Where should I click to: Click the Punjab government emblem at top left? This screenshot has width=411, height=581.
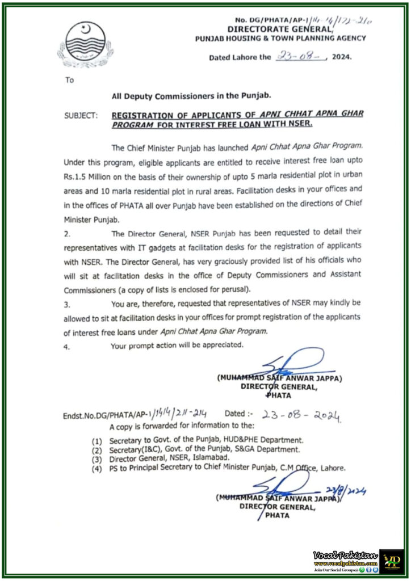coord(82,44)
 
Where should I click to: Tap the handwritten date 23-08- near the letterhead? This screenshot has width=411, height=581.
coord(299,56)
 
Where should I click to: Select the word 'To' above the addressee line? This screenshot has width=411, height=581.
coord(69,81)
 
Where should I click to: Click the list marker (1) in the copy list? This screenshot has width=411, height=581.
coord(98,440)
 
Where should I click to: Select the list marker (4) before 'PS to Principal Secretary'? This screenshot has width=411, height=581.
coord(98,468)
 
